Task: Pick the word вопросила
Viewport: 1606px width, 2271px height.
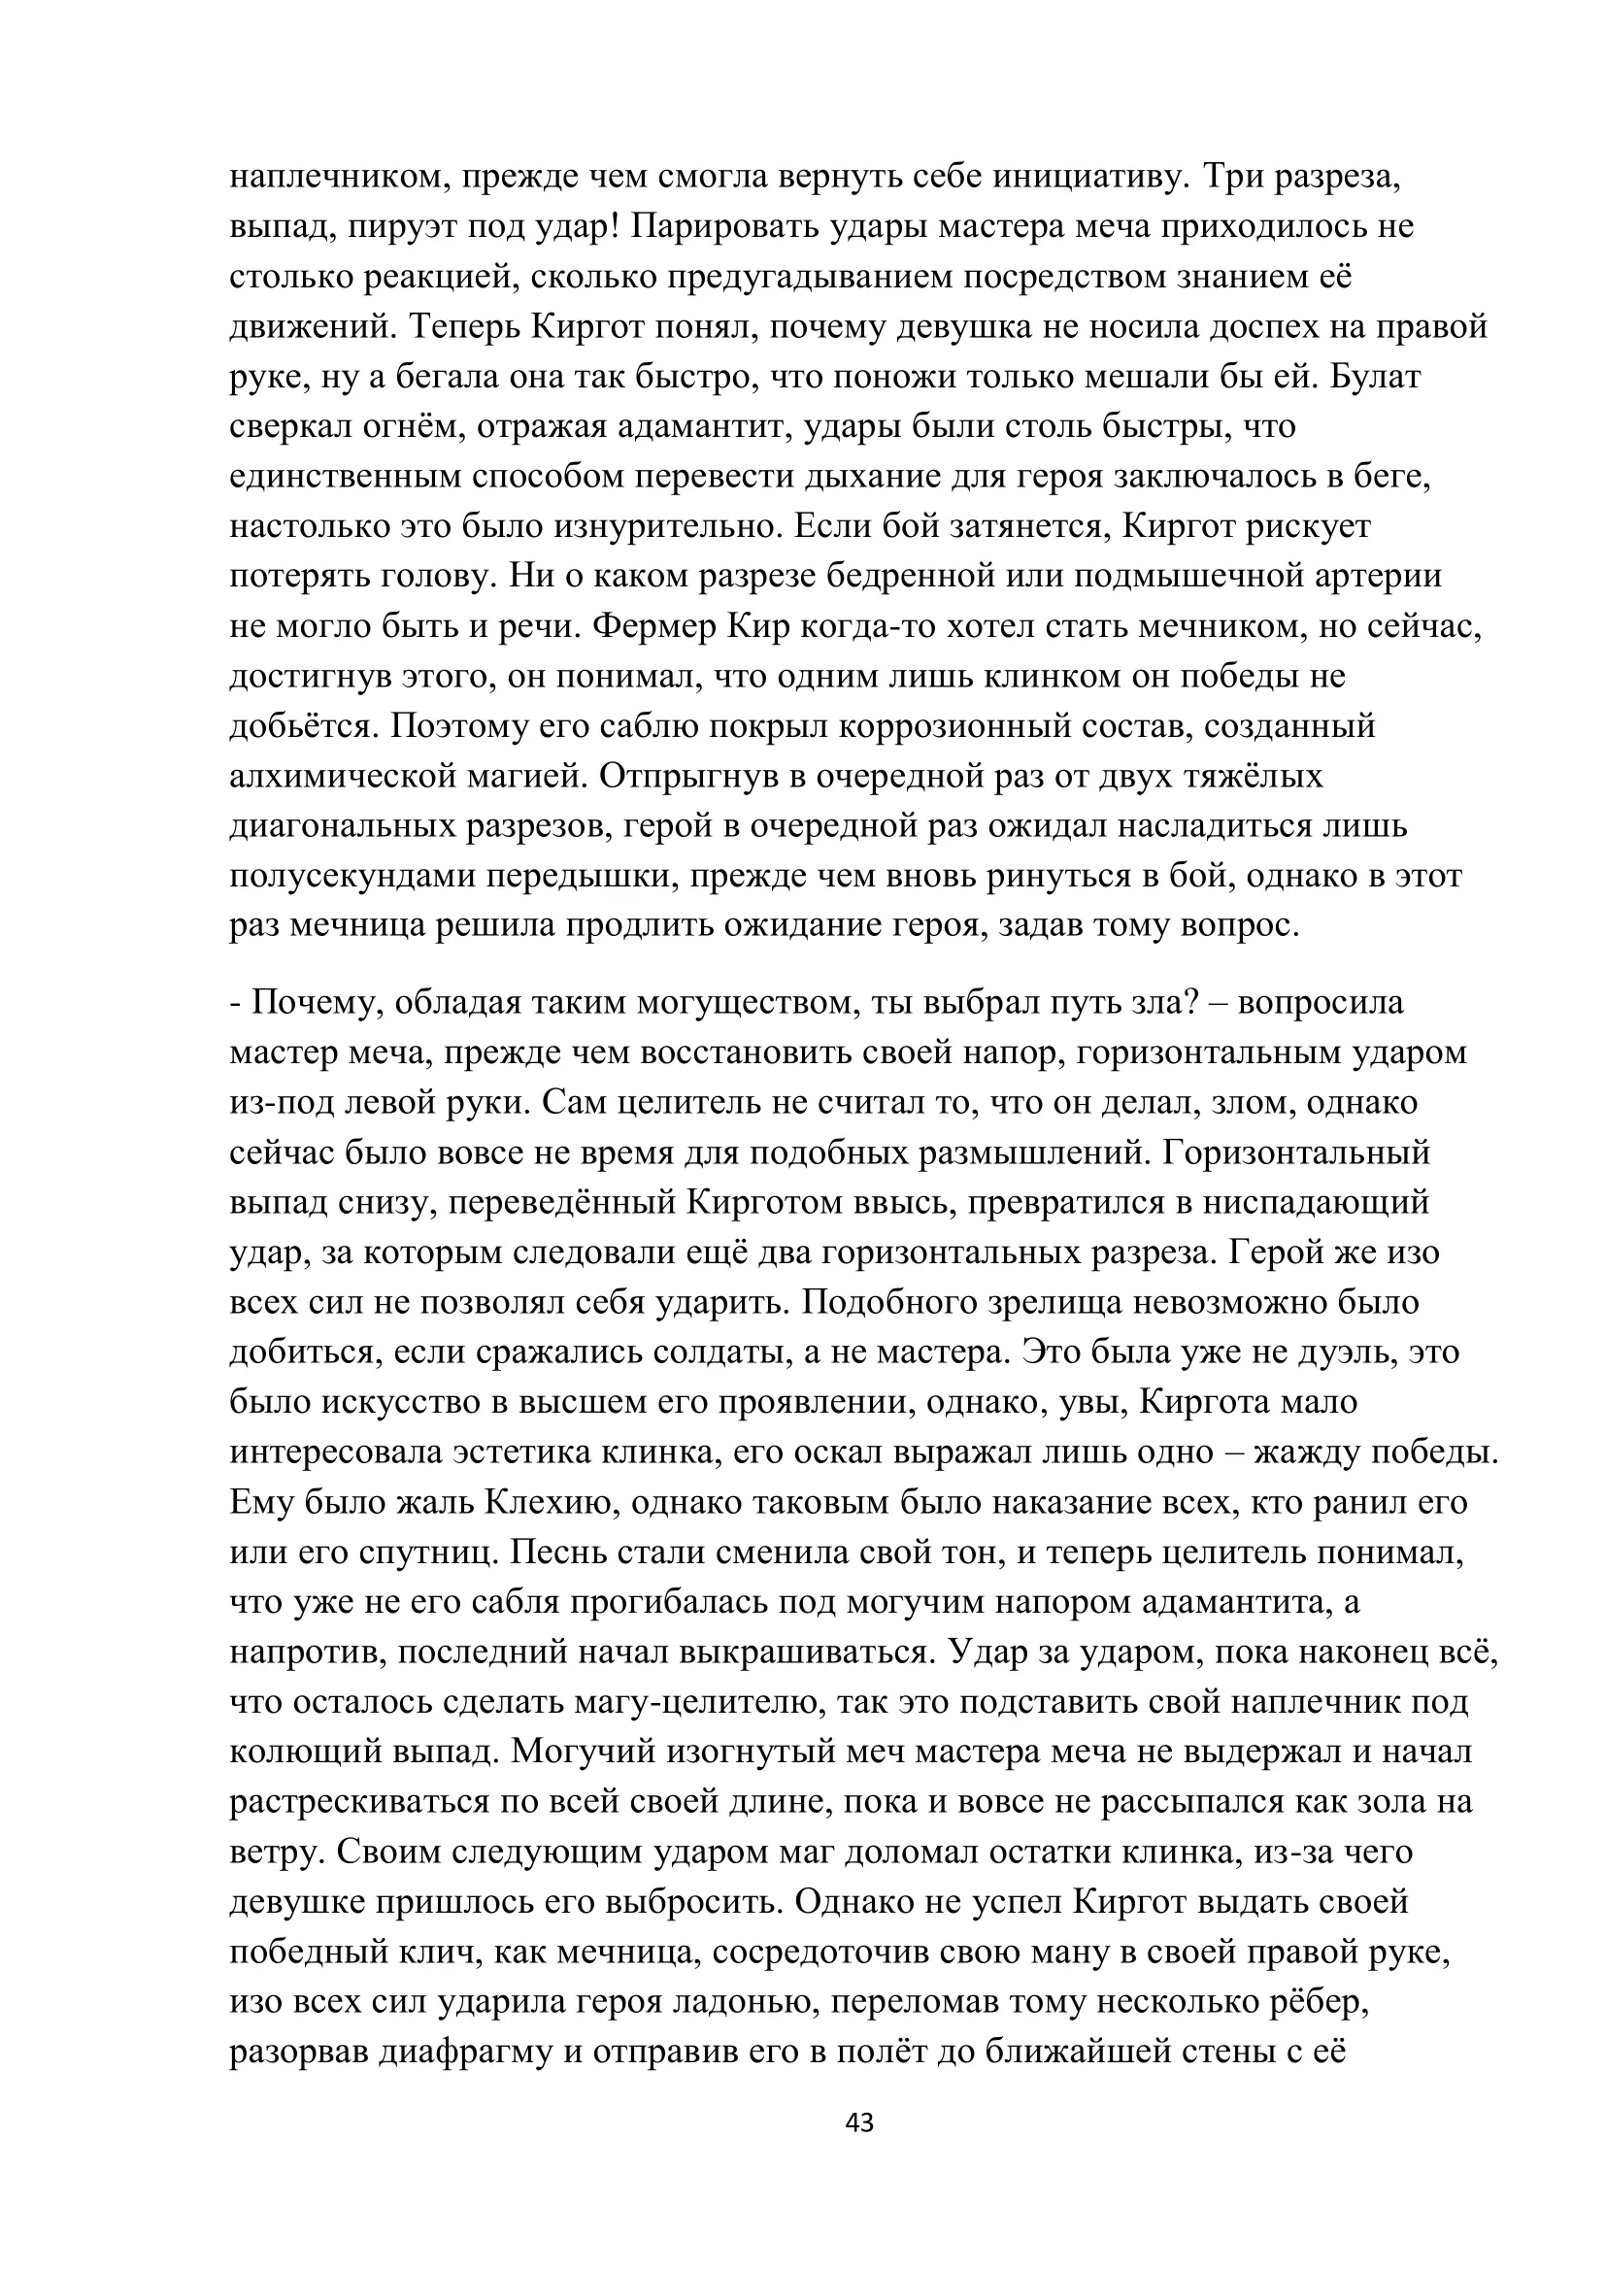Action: coord(1322,1003)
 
